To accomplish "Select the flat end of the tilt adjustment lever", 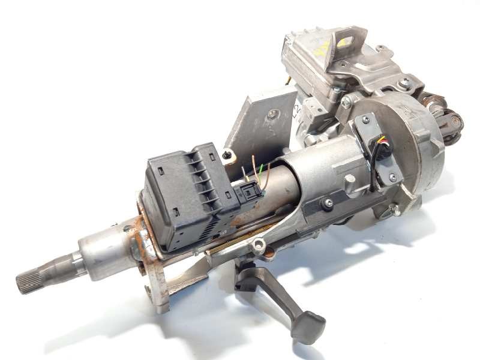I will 310,327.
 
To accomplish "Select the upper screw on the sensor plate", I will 366,120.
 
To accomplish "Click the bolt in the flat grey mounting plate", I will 274,114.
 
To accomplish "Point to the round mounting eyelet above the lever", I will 259,244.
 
